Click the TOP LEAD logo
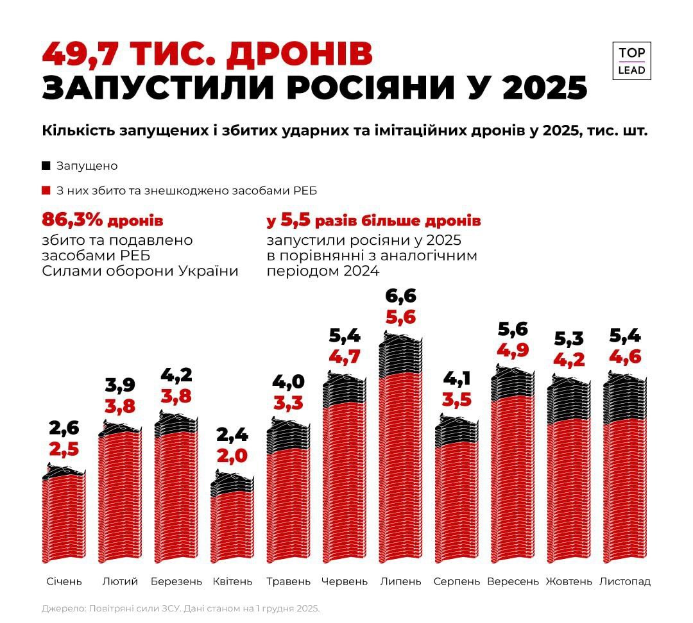coord(632,61)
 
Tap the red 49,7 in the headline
coord(80,54)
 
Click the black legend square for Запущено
coord(46,165)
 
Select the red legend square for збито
coord(46,190)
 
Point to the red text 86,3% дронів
coord(103,221)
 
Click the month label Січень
coord(64,581)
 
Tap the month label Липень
coord(400,581)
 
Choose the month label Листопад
coord(624,581)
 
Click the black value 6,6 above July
coord(400,296)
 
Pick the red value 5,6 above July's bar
coord(400,317)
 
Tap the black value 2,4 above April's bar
coord(232,435)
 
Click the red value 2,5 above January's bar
coord(64,449)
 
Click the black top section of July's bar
coord(400,356)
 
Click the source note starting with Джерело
coord(180,608)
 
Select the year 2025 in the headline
coord(545,87)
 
